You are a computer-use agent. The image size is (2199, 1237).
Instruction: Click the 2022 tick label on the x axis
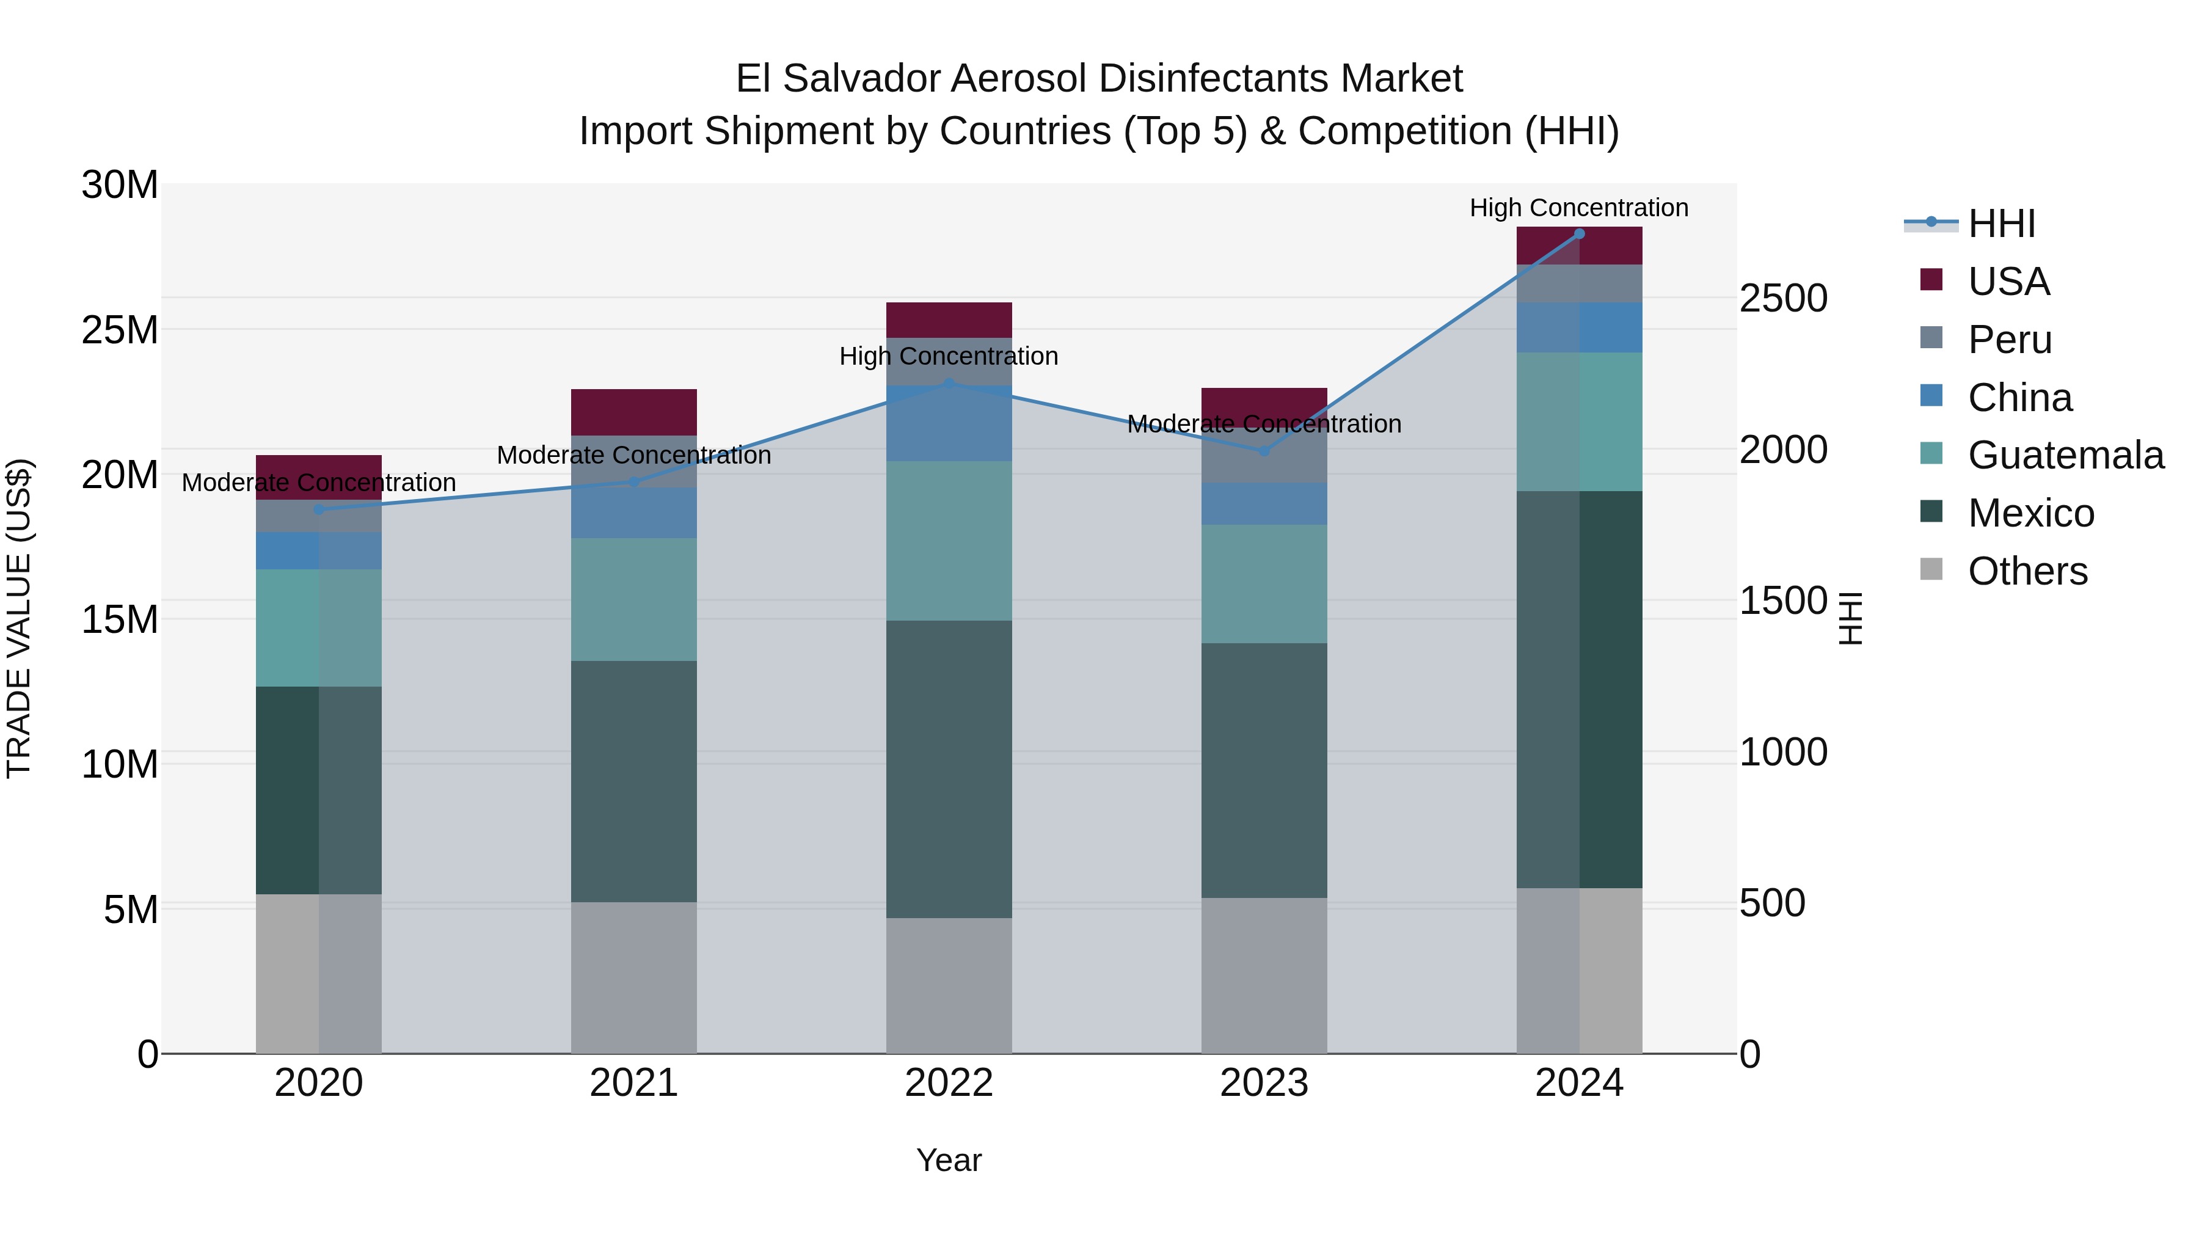(x=949, y=1083)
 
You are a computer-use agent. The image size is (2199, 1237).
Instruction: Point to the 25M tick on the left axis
(x=120, y=329)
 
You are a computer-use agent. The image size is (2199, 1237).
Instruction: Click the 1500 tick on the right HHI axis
(x=1783, y=601)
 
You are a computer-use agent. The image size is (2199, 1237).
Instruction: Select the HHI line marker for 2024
(x=1579, y=234)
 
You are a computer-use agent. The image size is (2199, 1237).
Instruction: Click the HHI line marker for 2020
(x=319, y=509)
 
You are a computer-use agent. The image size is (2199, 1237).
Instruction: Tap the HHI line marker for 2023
(x=1264, y=451)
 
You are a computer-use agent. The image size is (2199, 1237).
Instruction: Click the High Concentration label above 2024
(x=1578, y=208)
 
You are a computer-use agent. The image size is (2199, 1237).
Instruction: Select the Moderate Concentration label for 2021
(x=633, y=456)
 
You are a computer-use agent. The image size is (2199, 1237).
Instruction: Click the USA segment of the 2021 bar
(x=633, y=412)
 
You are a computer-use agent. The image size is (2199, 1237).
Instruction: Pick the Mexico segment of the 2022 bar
(x=949, y=768)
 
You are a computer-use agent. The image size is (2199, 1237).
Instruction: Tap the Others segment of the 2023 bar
(x=1264, y=975)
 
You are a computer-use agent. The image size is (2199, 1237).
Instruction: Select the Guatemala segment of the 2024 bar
(x=1579, y=421)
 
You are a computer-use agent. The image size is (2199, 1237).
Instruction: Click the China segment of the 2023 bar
(x=1264, y=504)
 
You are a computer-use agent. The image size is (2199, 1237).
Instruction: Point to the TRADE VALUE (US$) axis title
(x=19, y=618)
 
